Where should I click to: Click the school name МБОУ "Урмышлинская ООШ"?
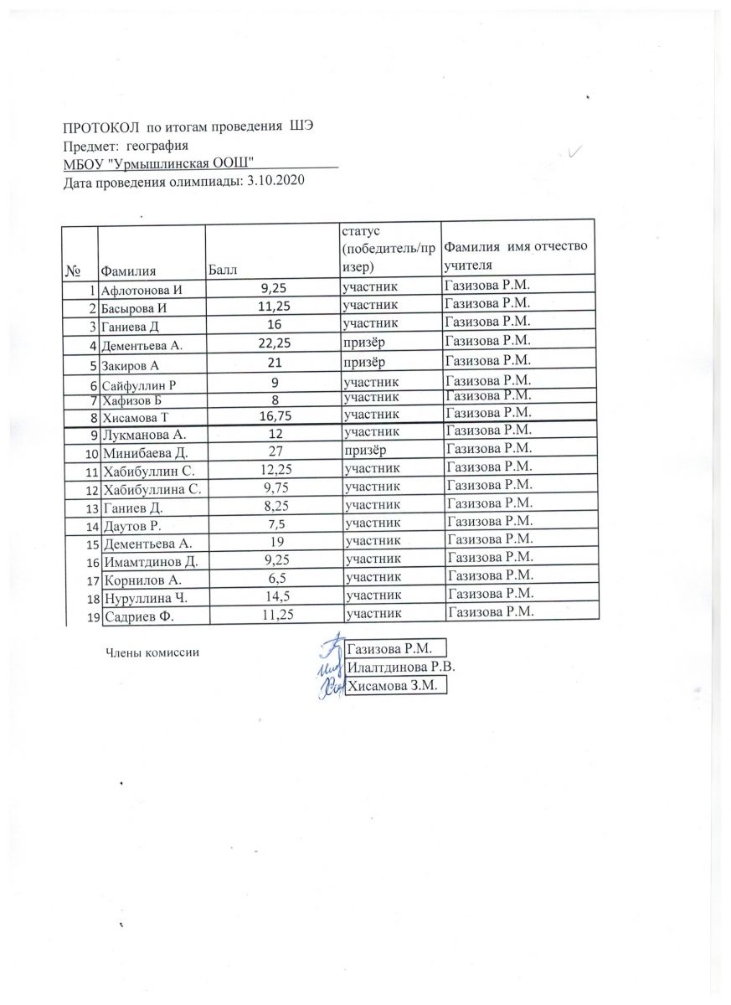pos(158,162)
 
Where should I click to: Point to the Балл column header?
pos(222,270)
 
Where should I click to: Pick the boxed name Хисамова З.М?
pos(395,686)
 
